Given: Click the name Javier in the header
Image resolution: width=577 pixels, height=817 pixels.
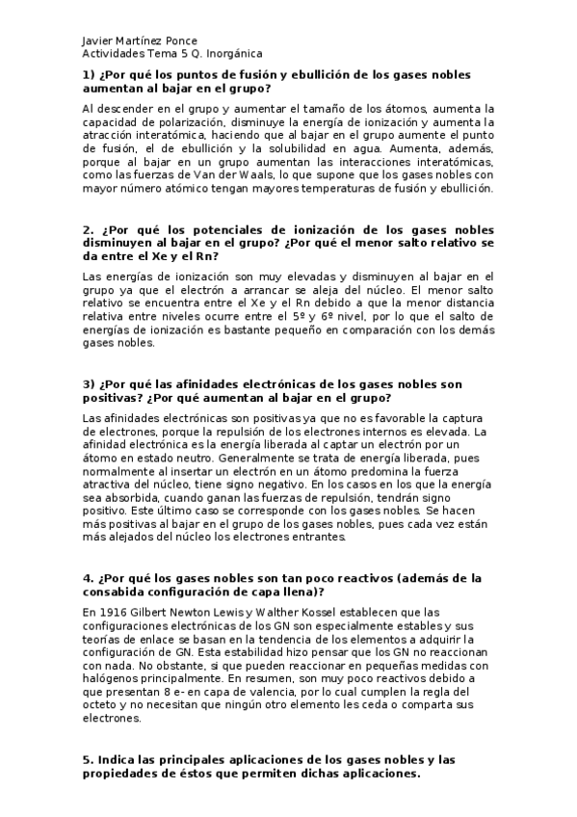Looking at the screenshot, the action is click(98, 41).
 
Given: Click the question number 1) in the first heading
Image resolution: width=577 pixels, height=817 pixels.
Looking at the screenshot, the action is click(88, 74).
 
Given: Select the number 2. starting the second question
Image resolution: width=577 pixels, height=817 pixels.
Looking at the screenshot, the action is click(88, 230).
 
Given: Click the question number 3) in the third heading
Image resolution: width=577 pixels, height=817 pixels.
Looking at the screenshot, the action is click(88, 382).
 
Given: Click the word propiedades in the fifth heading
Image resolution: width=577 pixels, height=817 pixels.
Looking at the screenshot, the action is click(127, 774).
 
